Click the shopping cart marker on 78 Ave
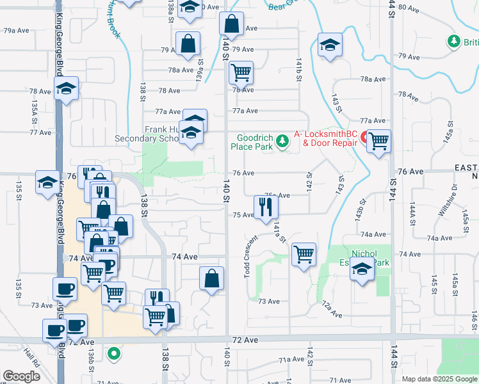pos(241,73)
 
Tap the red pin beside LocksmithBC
pos(364,138)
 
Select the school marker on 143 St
pos(330,45)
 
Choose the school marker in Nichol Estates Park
pos(362,271)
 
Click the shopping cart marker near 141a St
pos(304,253)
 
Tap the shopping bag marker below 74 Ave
pos(211,279)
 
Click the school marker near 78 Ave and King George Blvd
pos(66,90)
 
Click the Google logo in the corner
pos(21,376)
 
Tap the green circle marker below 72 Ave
pos(114,353)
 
